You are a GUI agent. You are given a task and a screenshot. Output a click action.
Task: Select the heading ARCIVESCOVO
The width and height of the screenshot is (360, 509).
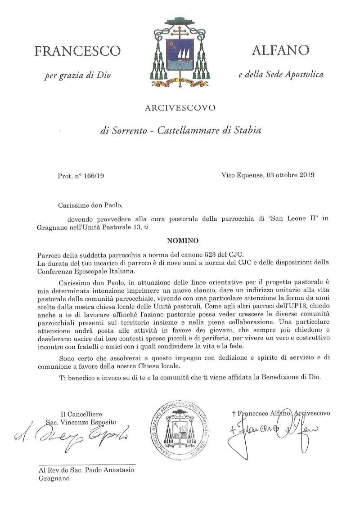pos(180,108)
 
